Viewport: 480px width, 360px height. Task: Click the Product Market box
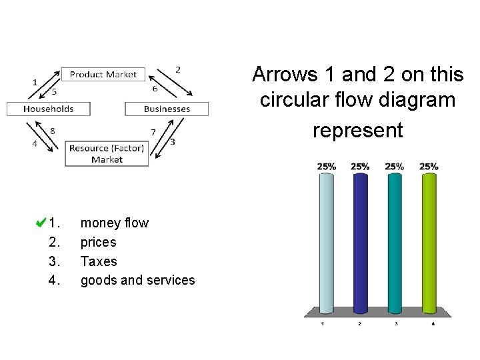coord(103,75)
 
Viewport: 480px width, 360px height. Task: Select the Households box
coord(49,109)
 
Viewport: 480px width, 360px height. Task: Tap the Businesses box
coord(167,109)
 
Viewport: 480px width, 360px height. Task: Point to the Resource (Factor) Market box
coord(107,153)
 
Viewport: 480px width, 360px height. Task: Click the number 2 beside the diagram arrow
coord(177,69)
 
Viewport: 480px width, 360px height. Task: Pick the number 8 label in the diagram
coord(52,131)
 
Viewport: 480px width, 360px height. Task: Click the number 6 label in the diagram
coord(155,89)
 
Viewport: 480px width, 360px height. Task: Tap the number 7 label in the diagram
coord(153,132)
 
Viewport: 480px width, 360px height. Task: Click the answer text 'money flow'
coord(114,223)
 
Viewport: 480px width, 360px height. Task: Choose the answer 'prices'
coord(98,242)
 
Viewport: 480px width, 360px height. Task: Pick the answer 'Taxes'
coord(98,261)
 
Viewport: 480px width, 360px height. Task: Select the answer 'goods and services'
coord(137,281)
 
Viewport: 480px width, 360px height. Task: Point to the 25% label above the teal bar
coord(394,166)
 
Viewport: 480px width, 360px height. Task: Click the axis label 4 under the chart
coord(433,324)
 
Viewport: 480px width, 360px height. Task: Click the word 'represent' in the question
coord(358,131)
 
